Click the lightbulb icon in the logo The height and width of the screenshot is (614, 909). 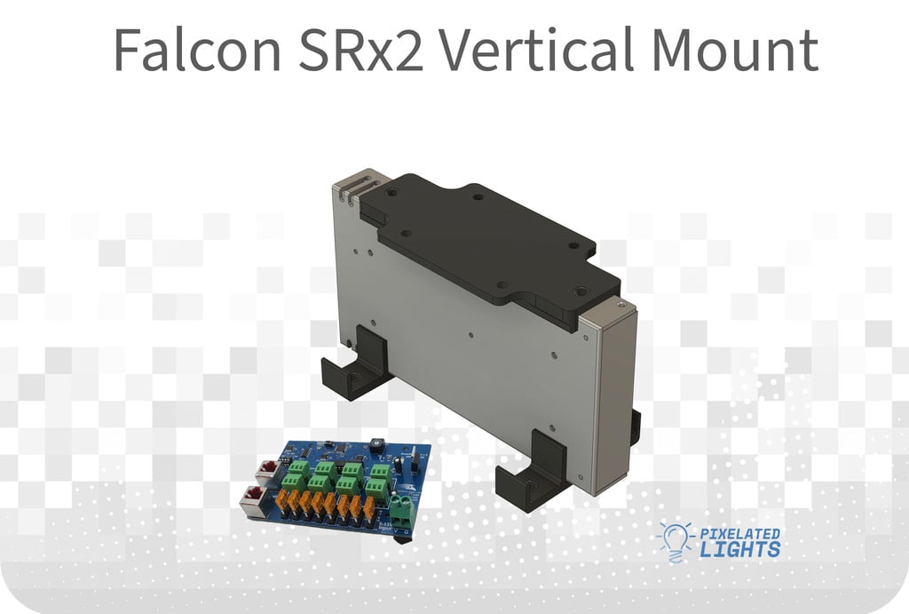click(673, 540)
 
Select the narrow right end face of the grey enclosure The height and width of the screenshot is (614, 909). click(614, 400)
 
